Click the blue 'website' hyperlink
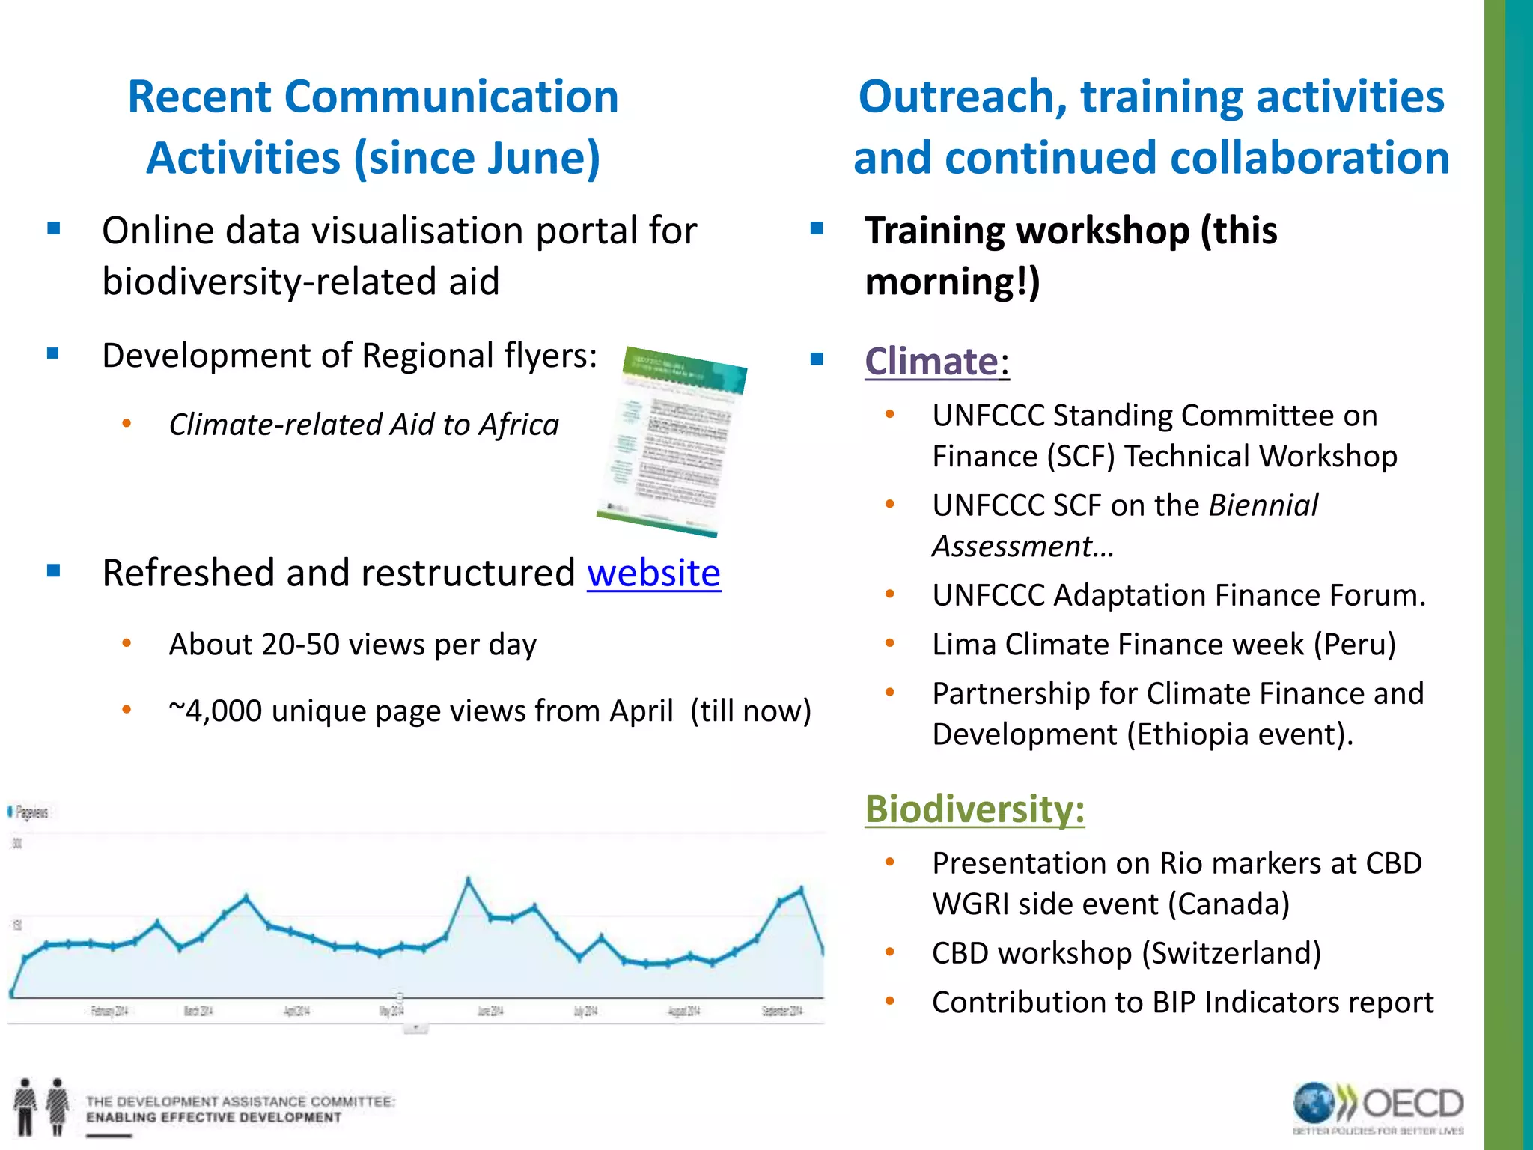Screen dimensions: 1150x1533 click(x=653, y=574)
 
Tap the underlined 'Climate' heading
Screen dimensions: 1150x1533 click(x=931, y=362)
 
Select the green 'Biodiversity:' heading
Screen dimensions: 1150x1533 click(x=975, y=809)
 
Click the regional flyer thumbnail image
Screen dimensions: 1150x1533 click(x=672, y=441)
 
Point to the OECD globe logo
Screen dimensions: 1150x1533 click(x=1314, y=1104)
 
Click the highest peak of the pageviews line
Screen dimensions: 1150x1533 click(x=469, y=880)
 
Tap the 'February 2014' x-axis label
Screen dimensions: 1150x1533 click(x=109, y=1011)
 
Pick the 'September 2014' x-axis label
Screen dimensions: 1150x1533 click(x=781, y=1011)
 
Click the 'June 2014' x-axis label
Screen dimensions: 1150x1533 click(x=490, y=1011)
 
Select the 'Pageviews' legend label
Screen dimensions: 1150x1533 click(x=31, y=812)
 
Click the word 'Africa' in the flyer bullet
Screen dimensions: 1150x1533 click(x=519, y=425)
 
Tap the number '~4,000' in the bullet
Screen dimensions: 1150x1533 click(x=215, y=711)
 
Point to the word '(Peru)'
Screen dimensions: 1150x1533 click(x=1355, y=645)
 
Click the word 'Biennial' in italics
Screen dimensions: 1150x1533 click(x=1263, y=506)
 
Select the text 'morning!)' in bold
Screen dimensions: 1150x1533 click(x=952, y=282)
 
